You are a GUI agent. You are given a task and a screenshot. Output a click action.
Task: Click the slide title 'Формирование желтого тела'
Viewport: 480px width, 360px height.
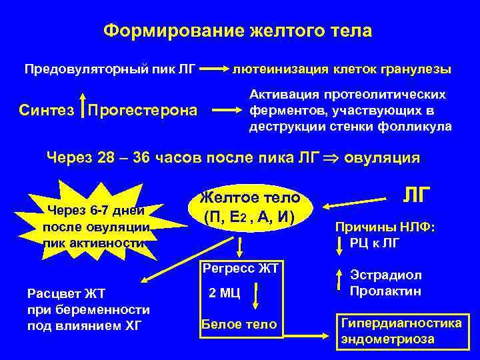coord(238,31)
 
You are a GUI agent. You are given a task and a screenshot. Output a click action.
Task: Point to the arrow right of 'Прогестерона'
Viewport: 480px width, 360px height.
coord(225,109)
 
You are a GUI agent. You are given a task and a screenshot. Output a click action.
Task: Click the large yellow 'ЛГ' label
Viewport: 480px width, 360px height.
coord(417,195)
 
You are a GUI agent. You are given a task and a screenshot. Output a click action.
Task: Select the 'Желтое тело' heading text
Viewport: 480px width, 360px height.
coord(250,198)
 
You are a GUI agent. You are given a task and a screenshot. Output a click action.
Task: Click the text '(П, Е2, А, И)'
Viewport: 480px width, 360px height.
coord(250,217)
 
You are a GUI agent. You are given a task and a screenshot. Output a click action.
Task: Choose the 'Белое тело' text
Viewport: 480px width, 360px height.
coord(239,325)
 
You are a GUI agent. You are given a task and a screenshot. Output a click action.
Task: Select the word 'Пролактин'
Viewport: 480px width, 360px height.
coord(385,291)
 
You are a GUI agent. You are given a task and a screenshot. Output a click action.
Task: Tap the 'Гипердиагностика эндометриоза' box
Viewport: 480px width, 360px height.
coord(401,331)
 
